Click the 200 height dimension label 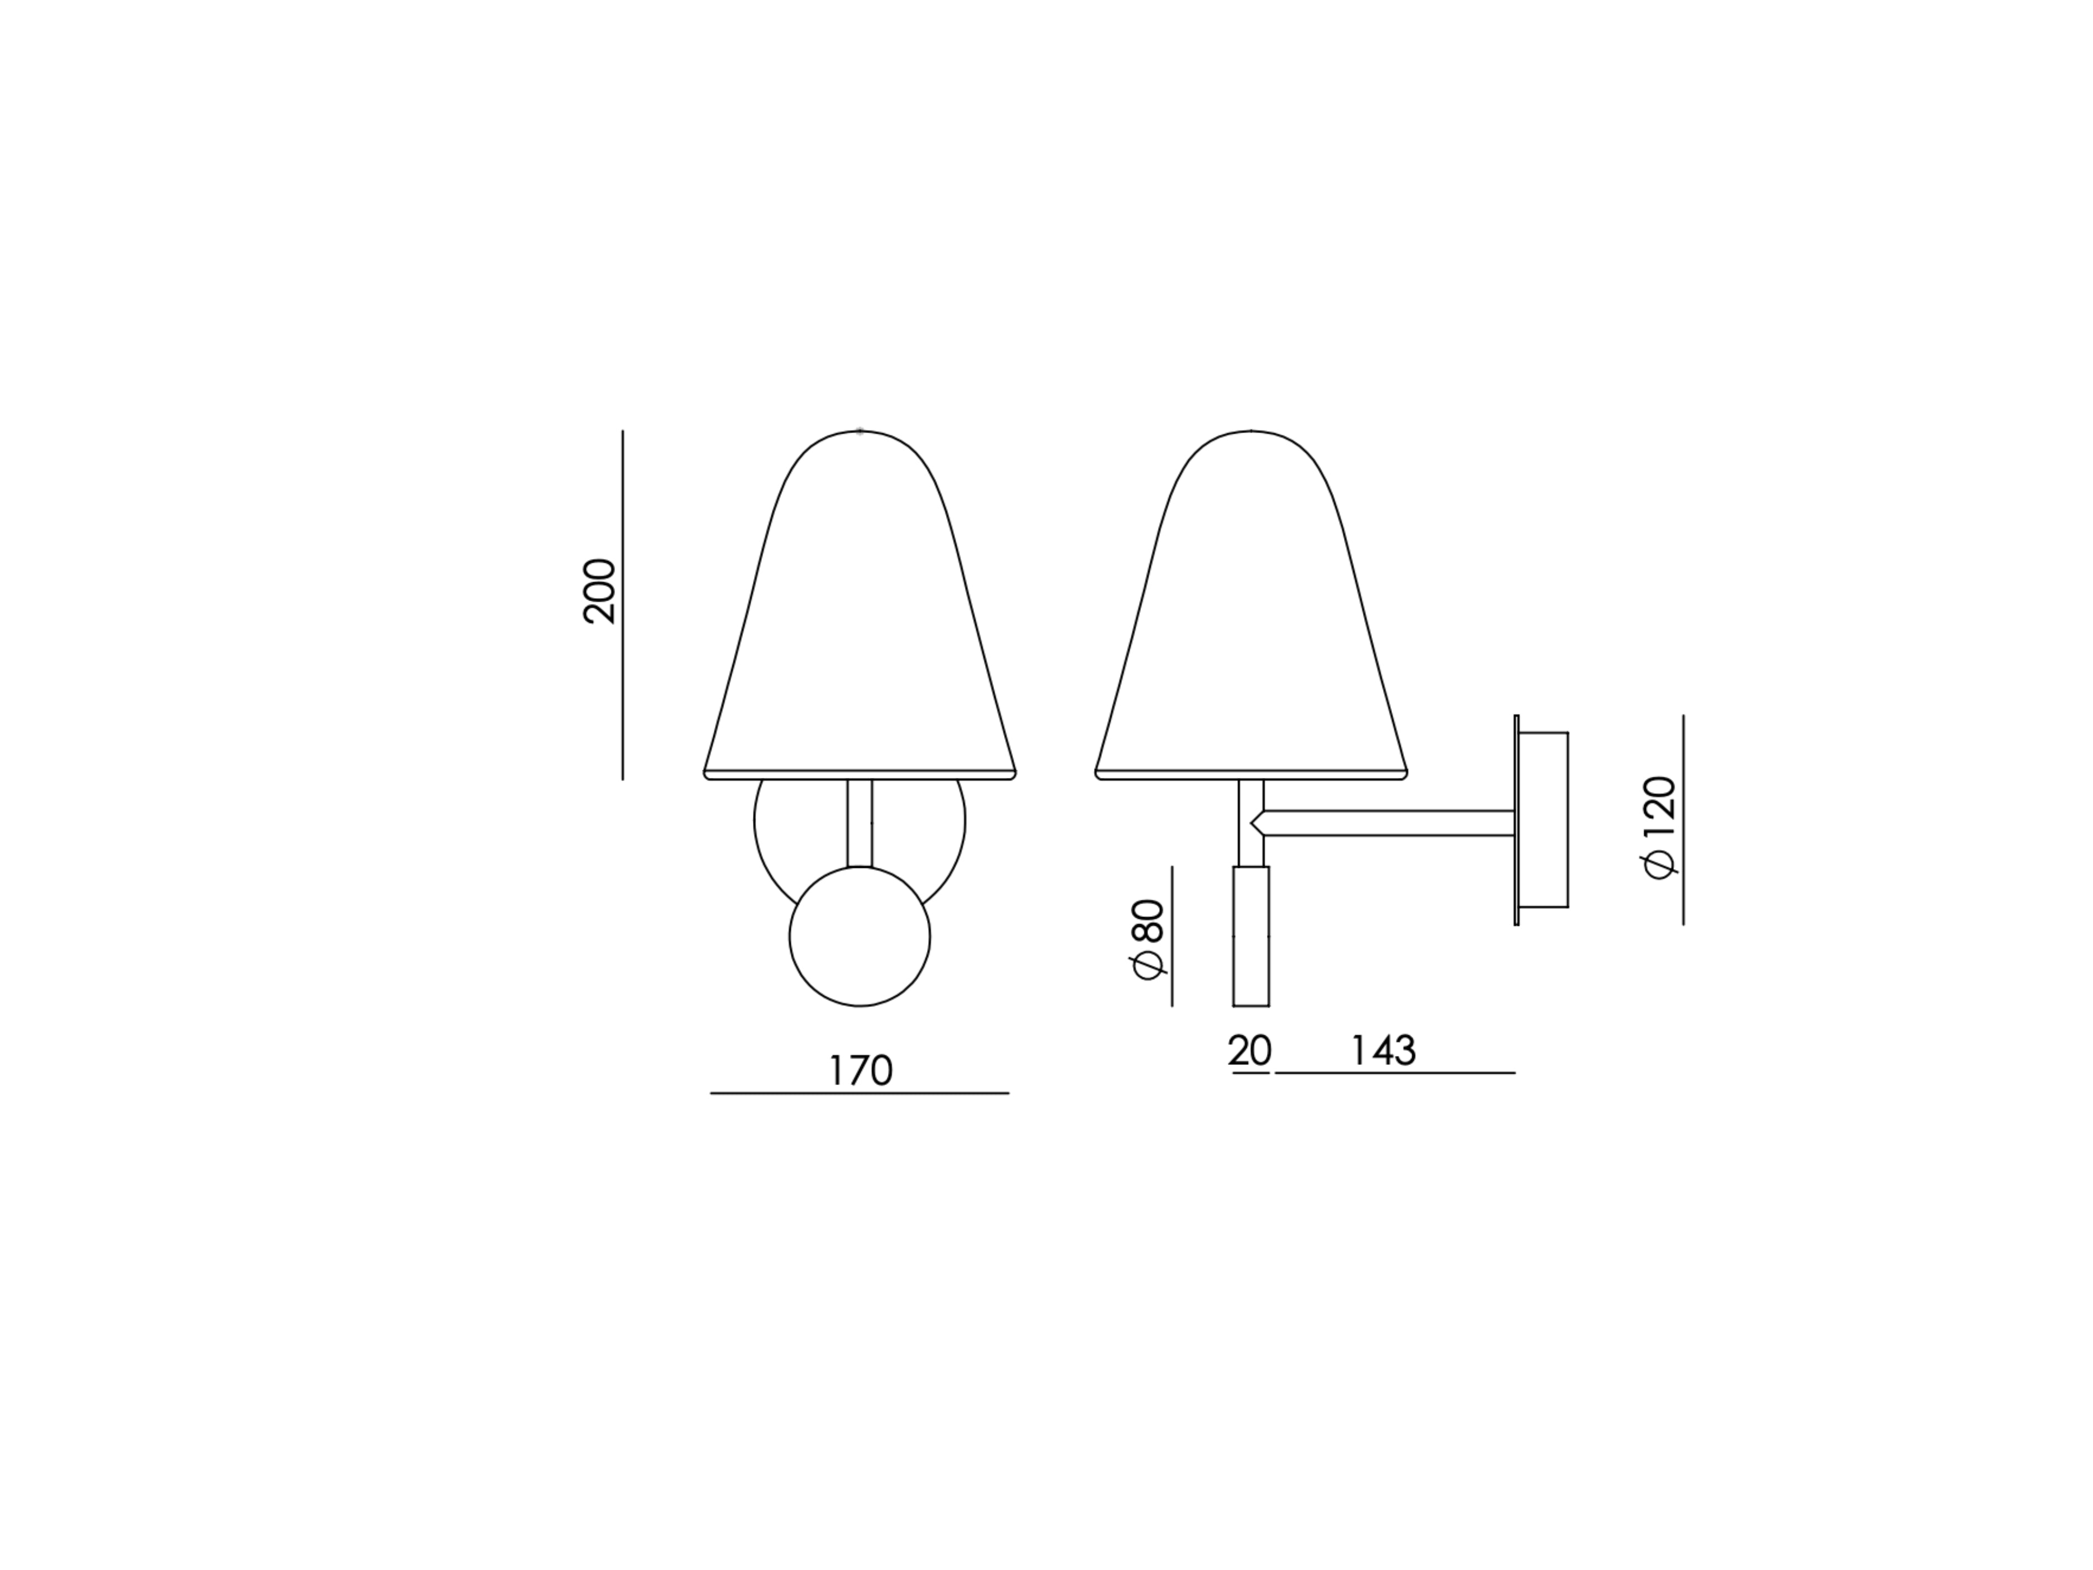click(599, 592)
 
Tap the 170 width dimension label click(860, 1070)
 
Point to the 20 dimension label click(1249, 1050)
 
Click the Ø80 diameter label click(1147, 940)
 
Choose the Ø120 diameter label click(1660, 828)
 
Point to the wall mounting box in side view click(1542, 819)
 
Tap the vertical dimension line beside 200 click(623, 606)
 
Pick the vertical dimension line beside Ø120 click(1683, 819)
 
